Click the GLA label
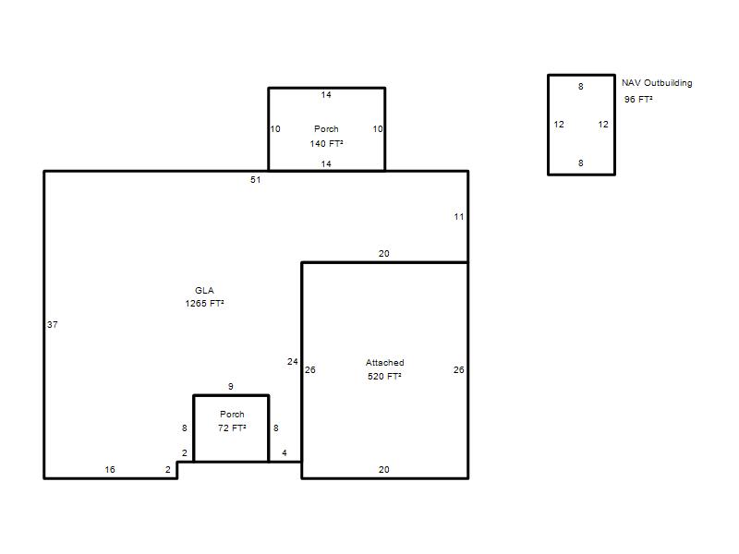204,290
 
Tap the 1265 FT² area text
204,304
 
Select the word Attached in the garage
384,362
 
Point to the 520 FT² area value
384,376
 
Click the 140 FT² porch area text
326,143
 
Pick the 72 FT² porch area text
232,428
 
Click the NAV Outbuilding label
657,83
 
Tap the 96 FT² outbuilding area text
638,99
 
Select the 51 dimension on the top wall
256,179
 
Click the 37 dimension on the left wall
53,325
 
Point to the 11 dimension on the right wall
458,217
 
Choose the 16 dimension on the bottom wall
110,469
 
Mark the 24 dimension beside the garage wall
292,361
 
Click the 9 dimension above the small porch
230,386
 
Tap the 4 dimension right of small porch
285,452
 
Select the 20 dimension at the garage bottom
383,469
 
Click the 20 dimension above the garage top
383,253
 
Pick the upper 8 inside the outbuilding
581,86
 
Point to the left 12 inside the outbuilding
559,125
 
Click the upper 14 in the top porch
326,95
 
